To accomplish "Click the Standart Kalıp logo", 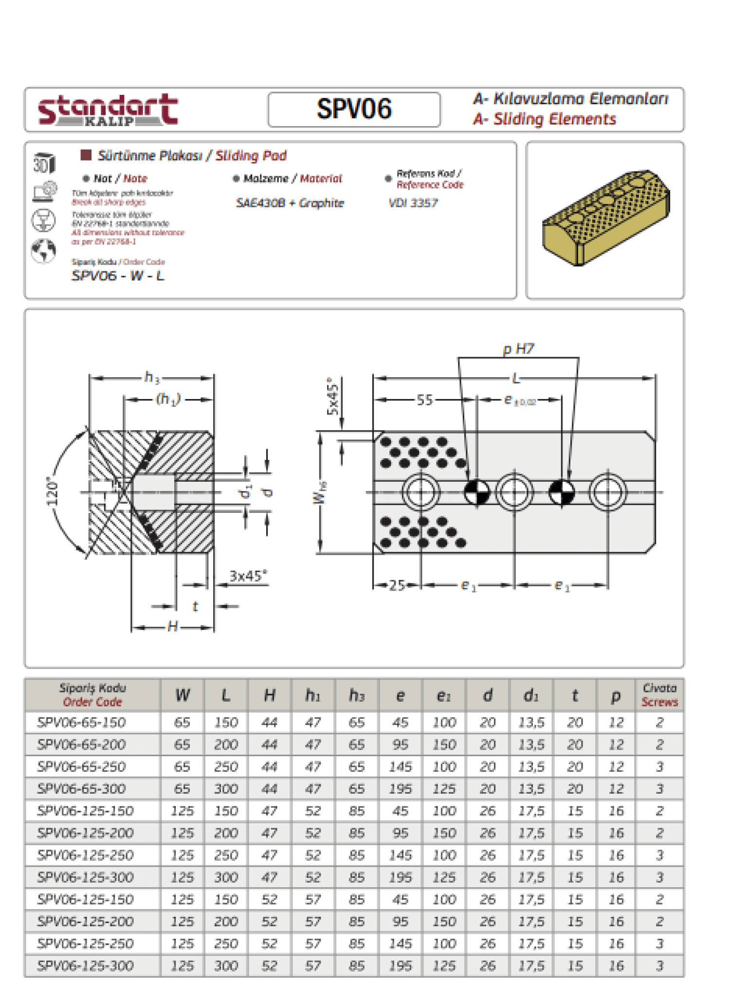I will click(108, 110).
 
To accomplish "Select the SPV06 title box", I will click(354, 109).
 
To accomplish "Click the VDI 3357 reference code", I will click(413, 203).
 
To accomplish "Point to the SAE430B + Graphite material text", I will click(290, 203).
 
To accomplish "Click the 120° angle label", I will click(53, 491).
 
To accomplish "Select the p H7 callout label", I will click(518, 348).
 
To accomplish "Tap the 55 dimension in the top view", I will click(424, 400).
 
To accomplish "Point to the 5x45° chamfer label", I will click(332, 396).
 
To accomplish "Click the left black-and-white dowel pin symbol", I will click(477, 492).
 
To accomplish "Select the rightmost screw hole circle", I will click(607, 492).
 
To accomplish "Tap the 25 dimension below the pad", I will click(397, 585).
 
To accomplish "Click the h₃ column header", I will click(356, 695).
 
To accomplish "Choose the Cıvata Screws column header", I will click(659, 695).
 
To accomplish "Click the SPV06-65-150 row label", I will click(82, 722).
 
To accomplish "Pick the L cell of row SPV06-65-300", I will click(226, 788).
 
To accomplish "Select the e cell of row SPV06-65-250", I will click(400, 766).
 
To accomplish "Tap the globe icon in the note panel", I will click(44, 251).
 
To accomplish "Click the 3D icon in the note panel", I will click(44, 163).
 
